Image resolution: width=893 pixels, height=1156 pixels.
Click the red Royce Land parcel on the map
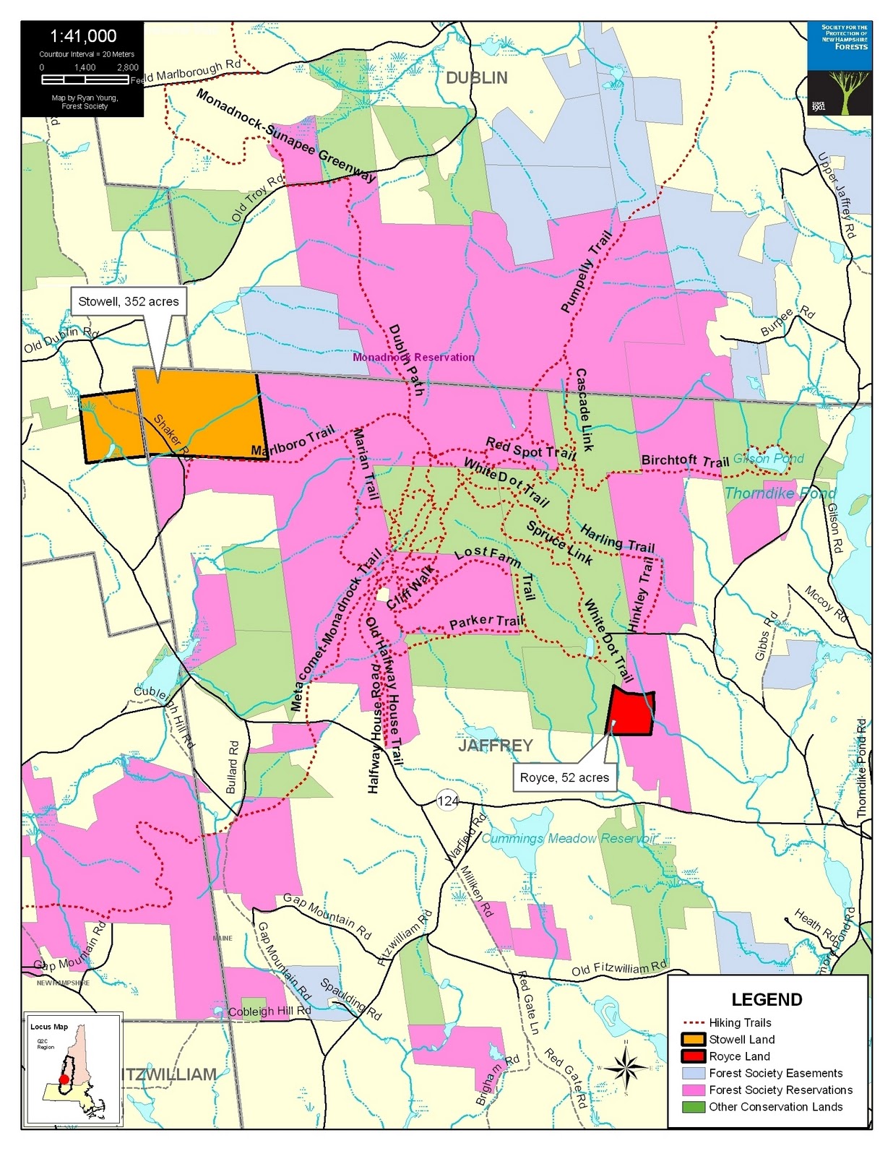pyautogui.click(x=631, y=712)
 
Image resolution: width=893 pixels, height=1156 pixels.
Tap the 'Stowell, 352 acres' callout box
pyautogui.click(x=129, y=301)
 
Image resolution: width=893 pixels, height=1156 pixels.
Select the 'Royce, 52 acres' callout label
pyautogui.click(x=564, y=777)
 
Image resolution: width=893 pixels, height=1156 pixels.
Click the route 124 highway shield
pyautogui.click(x=448, y=801)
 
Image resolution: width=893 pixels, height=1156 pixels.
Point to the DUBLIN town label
pyautogui.click(x=476, y=78)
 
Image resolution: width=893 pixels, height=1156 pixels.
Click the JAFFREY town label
pyautogui.click(x=495, y=746)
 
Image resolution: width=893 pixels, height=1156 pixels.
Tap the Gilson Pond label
pyautogui.click(x=768, y=458)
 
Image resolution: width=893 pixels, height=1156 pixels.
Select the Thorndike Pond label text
pyautogui.click(x=780, y=493)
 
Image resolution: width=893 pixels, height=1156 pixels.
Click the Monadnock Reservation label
pyautogui.click(x=413, y=357)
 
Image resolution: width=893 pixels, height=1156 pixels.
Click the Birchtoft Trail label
pyautogui.click(x=685, y=461)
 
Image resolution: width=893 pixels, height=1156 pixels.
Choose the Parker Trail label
pyautogui.click(x=486, y=621)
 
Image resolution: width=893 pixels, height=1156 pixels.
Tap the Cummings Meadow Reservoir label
pyautogui.click(x=569, y=838)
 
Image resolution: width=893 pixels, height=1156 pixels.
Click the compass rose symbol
pyautogui.click(x=626, y=1066)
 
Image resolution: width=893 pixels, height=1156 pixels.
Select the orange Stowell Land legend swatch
pyautogui.click(x=693, y=1040)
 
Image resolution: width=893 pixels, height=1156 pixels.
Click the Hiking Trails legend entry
pyautogui.click(x=739, y=1022)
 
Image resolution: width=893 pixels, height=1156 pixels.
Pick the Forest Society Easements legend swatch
pyautogui.click(x=693, y=1073)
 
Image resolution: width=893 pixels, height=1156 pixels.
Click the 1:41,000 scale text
pyautogui.click(x=83, y=36)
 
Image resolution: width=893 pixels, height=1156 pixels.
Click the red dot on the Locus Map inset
pyautogui.click(x=64, y=1079)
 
